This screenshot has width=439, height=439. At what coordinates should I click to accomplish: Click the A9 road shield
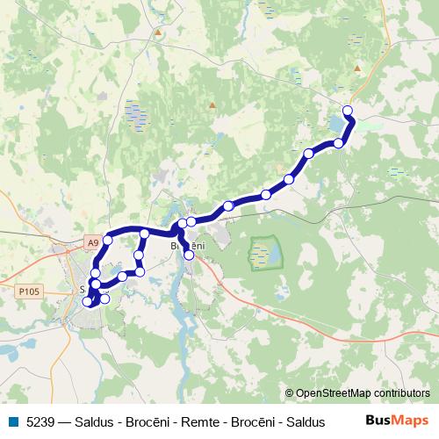pyautogui.click(x=93, y=241)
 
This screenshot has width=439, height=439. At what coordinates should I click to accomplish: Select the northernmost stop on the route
pyautogui.click(x=348, y=111)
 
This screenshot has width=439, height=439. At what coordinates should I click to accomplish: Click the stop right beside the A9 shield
pyautogui.click(x=109, y=240)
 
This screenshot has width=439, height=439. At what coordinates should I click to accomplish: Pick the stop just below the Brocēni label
pyautogui.click(x=189, y=255)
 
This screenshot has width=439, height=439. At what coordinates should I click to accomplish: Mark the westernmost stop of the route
pyautogui.click(x=87, y=302)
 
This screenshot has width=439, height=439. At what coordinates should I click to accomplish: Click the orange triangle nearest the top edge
pyautogui.click(x=158, y=32)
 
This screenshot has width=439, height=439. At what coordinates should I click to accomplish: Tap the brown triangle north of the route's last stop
pyautogui.click(x=356, y=68)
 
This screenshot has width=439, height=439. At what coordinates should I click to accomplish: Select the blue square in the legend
pyautogui.click(x=12, y=421)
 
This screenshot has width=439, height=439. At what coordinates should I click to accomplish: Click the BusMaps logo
pyautogui.click(x=397, y=421)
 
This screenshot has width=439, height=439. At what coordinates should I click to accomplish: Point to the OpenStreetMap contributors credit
pyautogui.click(x=362, y=394)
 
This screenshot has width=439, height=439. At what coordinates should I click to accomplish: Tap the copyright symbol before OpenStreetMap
pyautogui.click(x=289, y=394)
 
